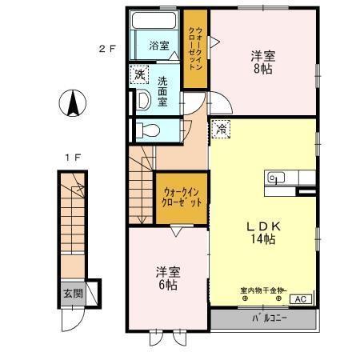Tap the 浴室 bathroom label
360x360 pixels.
pos(159,46)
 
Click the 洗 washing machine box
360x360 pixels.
pos(140,75)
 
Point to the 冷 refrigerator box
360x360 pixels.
pos(220,127)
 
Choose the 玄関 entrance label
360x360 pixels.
pos(72,294)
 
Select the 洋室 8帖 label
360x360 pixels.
pos(262,62)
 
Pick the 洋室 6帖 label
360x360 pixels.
pos(166,278)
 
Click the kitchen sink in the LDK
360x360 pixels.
pos(277,178)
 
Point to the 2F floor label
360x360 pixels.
pos(107,48)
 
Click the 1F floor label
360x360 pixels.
pos(72,156)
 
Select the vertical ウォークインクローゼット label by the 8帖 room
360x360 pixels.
pos(195,49)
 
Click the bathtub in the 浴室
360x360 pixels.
pos(157,21)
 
